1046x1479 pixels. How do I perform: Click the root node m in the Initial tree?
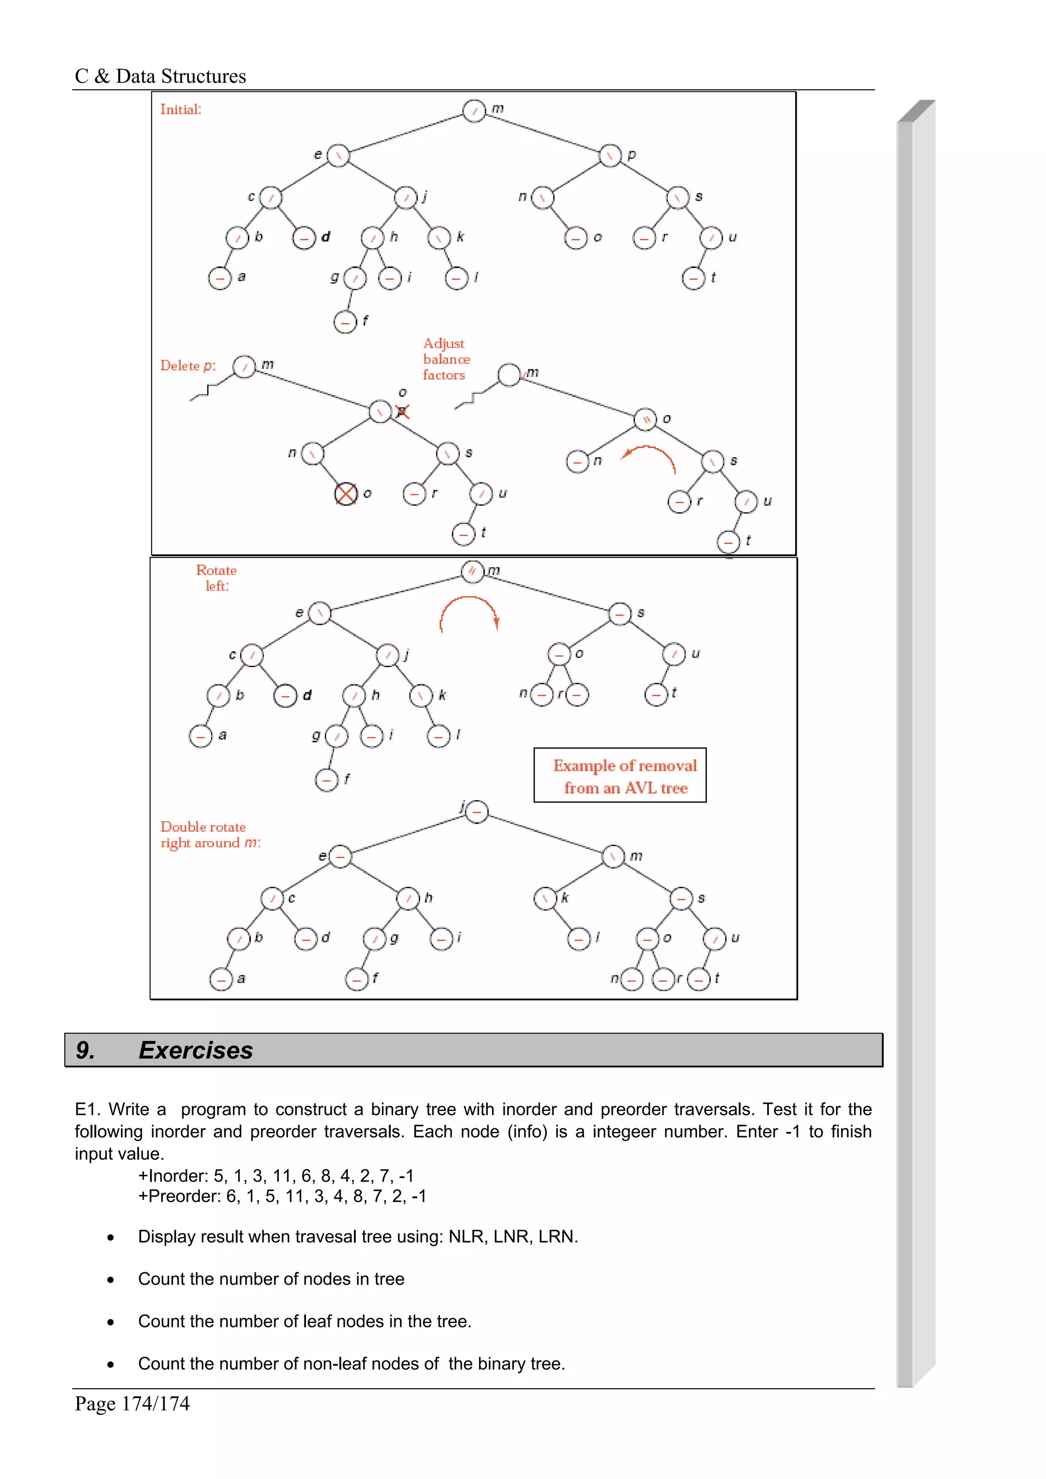474,111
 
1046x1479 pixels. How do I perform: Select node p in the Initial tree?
610,155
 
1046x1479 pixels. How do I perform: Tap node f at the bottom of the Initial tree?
345,322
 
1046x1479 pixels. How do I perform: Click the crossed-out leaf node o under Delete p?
346,494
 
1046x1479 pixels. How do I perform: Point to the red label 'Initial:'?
180,110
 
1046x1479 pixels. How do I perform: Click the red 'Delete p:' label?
187,366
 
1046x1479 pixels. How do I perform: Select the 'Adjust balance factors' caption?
446,359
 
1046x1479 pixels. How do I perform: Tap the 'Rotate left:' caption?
217,578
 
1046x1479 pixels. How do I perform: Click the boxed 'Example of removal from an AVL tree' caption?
620,776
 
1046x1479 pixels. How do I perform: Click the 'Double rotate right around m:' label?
210,835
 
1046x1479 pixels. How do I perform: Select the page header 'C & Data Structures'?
160,77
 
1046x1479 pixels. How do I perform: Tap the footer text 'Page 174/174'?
132,1403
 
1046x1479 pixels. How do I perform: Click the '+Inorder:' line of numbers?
276,1176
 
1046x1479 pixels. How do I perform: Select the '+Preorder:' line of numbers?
282,1196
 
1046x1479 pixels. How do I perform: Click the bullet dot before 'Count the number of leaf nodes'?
111,1322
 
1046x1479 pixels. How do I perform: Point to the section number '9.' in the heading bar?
85,1050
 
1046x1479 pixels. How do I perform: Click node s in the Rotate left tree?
620,613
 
